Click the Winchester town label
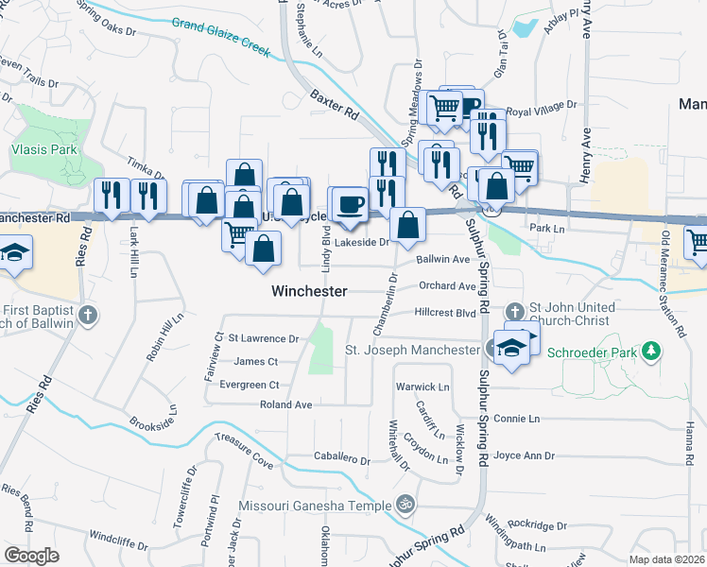pyautogui.click(x=309, y=291)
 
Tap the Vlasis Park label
pyautogui.click(x=43, y=149)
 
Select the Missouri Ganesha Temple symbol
pyautogui.click(x=406, y=505)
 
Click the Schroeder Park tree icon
pyautogui.click(x=650, y=352)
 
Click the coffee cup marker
pyautogui.click(x=350, y=205)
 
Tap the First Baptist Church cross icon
pyautogui.click(x=88, y=315)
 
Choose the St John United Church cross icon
pyautogui.click(x=515, y=310)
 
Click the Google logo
pyautogui.click(x=31, y=555)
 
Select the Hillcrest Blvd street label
pyautogui.click(x=443, y=312)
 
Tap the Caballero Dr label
pyautogui.click(x=342, y=459)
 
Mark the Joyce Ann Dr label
pyautogui.click(x=524, y=455)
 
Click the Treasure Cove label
pyautogui.click(x=244, y=452)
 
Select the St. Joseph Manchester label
pyautogui.click(x=412, y=351)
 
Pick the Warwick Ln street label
pyautogui.click(x=422, y=387)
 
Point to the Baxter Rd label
pyautogui.click(x=336, y=105)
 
